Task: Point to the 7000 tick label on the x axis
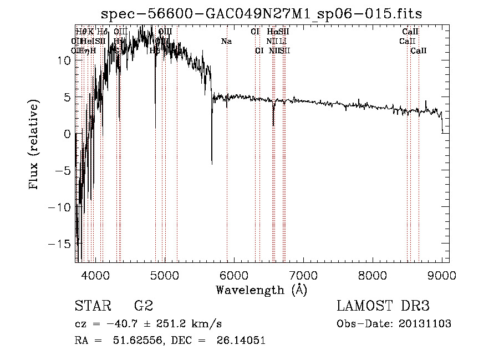(303, 275)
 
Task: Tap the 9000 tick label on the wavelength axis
(442, 275)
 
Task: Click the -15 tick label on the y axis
(61, 244)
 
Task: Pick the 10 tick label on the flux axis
(64, 60)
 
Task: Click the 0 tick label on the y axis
(67, 134)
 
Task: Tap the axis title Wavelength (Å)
(261, 290)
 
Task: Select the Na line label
(226, 42)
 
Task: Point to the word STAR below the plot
(92, 306)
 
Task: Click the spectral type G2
(144, 306)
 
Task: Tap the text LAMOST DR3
(383, 306)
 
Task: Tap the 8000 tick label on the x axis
(372, 275)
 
